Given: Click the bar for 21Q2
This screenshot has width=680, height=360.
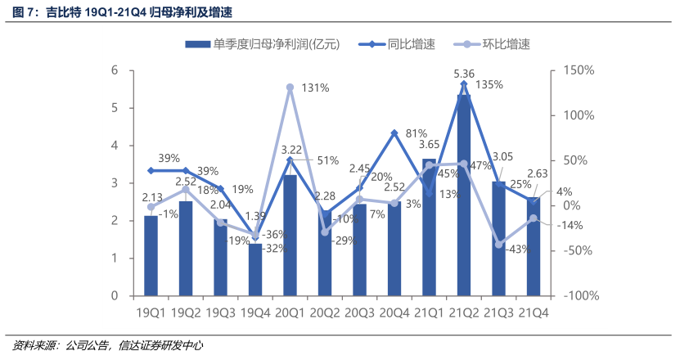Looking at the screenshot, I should (464, 196).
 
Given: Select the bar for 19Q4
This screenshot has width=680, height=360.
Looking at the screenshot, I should (254, 269).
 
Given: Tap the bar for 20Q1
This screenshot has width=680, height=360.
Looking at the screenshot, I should (290, 235).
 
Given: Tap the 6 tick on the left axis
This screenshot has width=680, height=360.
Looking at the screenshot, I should (116, 71).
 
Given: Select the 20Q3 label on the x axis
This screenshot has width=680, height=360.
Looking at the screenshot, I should (359, 313).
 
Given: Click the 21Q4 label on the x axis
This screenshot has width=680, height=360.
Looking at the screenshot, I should (534, 313).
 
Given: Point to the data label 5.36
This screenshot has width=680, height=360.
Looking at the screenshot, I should (464, 74).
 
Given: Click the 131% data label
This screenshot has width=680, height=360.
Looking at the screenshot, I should (315, 88).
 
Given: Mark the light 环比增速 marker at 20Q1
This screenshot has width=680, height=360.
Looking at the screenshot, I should (290, 87).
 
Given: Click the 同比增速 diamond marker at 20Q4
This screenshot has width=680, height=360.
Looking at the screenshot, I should (394, 133).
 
